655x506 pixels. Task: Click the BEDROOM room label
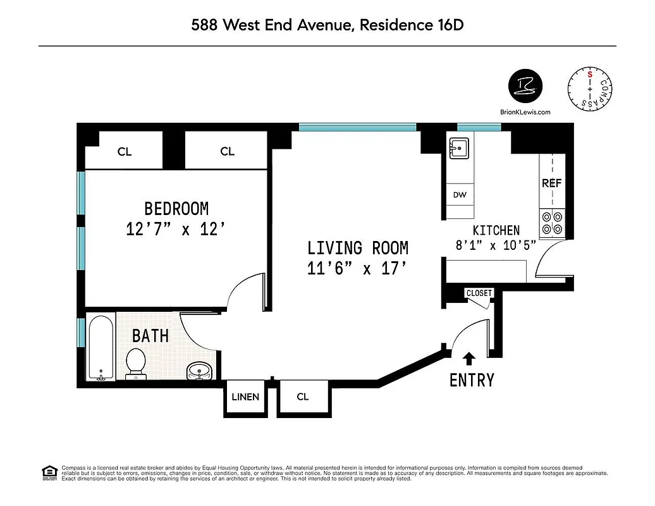point(176,208)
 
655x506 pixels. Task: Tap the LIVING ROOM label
point(358,247)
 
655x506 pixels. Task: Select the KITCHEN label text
point(496,231)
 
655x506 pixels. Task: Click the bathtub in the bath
point(101,347)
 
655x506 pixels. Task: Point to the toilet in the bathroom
point(135,362)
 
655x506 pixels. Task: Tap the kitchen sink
point(458,149)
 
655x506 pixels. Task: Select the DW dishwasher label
point(460,195)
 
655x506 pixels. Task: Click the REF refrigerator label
point(551,183)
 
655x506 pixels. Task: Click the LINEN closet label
point(245,397)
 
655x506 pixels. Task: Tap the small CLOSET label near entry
point(479,293)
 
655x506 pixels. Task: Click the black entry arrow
point(468,359)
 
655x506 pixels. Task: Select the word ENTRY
point(472,380)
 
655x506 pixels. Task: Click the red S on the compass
point(590,74)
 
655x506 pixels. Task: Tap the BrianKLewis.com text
point(525,112)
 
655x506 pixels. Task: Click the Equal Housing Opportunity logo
point(49,472)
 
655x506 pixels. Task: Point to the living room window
point(358,127)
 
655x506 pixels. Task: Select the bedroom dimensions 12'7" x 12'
point(176,228)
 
